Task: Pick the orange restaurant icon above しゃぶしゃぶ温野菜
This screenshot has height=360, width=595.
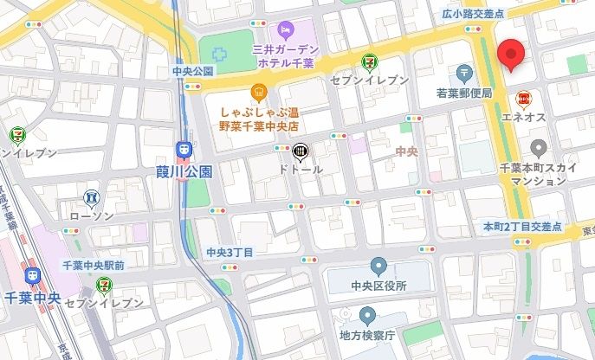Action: tap(258, 92)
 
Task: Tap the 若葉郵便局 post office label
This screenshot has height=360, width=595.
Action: tap(464, 93)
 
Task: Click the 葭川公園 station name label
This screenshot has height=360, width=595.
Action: tap(184, 171)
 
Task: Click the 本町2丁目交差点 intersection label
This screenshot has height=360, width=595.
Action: tap(522, 226)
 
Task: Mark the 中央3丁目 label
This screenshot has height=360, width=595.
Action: tap(230, 252)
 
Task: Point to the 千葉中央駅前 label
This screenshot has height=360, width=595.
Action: tap(94, 263)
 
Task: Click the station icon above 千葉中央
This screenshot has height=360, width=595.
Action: tap(33, 275)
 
